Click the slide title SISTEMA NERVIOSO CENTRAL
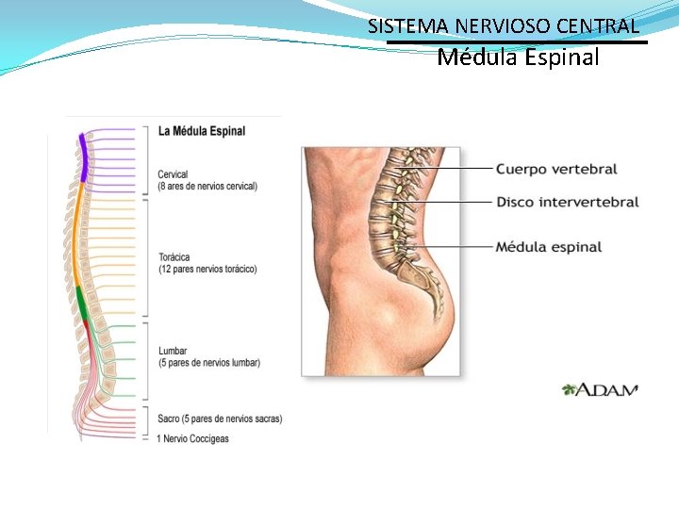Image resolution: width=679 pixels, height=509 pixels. (x=504, y=25)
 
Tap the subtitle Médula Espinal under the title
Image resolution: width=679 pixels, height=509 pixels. (x=518, y=58)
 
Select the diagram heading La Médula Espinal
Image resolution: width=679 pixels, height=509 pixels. (x=201, y=131)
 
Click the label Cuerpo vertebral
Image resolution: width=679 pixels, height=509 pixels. (x=556, y=170)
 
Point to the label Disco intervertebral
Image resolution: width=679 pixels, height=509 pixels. (x=567, y=203)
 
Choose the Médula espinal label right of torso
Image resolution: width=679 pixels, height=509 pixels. (x=548, y=247)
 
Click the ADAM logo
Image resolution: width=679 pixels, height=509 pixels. (x=600, y=389)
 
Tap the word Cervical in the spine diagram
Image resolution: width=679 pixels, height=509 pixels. (x=173, y=174)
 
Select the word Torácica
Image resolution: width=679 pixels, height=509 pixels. (x=174, y=257)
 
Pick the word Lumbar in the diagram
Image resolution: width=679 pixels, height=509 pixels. (x=173, y=352)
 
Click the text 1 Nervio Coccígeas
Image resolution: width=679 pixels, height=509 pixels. (x=193, y=438)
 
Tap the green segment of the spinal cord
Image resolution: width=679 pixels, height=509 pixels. (x=81, y=306)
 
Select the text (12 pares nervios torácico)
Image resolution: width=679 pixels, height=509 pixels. (x=207, y=270)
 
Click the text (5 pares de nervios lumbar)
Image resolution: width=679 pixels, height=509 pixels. (x=209, y=363)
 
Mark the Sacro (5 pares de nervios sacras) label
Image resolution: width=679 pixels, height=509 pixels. (x=219, y=419)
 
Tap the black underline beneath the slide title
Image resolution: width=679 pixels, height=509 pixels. (x=518, y=41)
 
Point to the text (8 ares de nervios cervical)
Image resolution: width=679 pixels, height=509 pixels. (x=207, y=187)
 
